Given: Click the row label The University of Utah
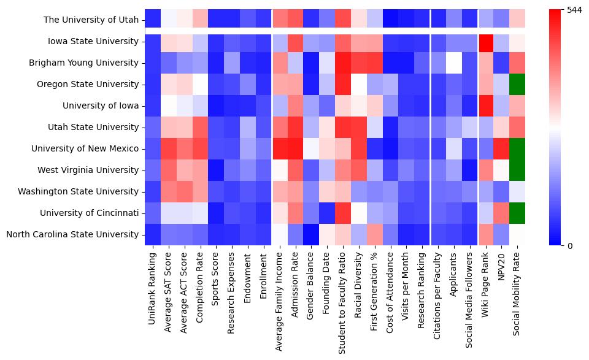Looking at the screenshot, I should point(91,20).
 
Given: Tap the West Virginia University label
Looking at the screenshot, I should point(90,170).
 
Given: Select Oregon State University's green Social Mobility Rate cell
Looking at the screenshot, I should point(517,84).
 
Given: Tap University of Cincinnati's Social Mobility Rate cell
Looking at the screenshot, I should point(517,213).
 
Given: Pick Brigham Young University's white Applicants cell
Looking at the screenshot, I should point(453,63).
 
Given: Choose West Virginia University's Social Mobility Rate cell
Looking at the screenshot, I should point(517,170).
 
